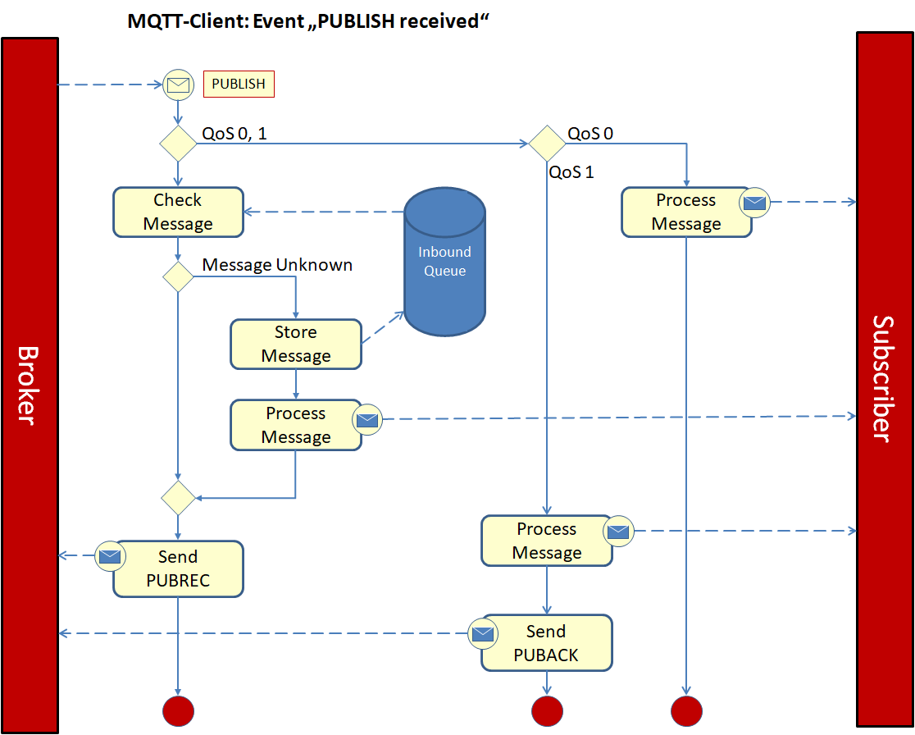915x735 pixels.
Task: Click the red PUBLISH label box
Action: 239,84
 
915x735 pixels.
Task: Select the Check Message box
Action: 178,212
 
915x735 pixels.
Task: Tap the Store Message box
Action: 296,344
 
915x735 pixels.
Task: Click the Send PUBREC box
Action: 178,568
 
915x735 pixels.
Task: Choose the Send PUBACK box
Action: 547,642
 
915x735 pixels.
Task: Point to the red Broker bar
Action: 30,385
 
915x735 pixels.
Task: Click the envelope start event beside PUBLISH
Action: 178,84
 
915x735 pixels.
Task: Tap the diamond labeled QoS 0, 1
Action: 178,144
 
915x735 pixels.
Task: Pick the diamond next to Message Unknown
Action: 178,277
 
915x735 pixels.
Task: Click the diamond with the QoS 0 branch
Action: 547,144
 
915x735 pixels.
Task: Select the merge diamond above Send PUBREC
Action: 178,498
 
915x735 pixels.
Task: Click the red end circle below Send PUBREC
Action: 178,710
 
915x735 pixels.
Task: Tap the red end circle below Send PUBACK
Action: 547,710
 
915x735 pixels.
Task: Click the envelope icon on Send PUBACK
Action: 483,633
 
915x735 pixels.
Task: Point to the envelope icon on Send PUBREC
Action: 109,556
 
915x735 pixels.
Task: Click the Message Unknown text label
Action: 277,265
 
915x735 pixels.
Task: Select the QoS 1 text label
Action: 571,172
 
